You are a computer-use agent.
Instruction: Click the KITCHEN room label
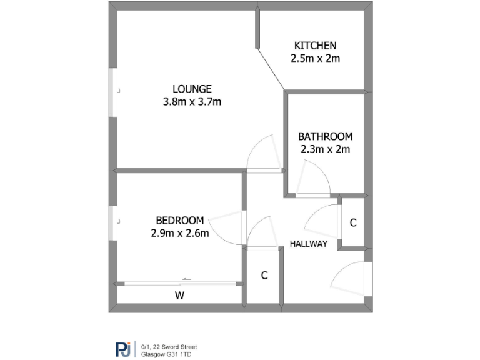pos(315,46)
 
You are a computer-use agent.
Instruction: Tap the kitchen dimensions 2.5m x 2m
pos(315,59)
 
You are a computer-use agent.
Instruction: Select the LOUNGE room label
pos(192,89)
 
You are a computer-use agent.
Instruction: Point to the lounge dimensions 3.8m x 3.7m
pos(192,102)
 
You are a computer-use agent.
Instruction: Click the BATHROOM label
pos(325,136)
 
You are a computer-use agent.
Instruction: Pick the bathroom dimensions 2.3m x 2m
pos(325,149)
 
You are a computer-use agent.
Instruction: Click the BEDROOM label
pos(179,220)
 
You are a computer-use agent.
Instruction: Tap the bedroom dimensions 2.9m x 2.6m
pos(179,233)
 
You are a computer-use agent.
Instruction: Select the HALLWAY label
pos(309,244)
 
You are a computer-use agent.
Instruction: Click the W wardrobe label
pos(179,295)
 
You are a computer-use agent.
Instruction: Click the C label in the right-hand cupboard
pos(353,223)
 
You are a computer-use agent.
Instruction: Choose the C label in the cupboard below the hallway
pos(264,276)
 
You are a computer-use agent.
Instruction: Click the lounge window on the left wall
pos(113,92)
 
